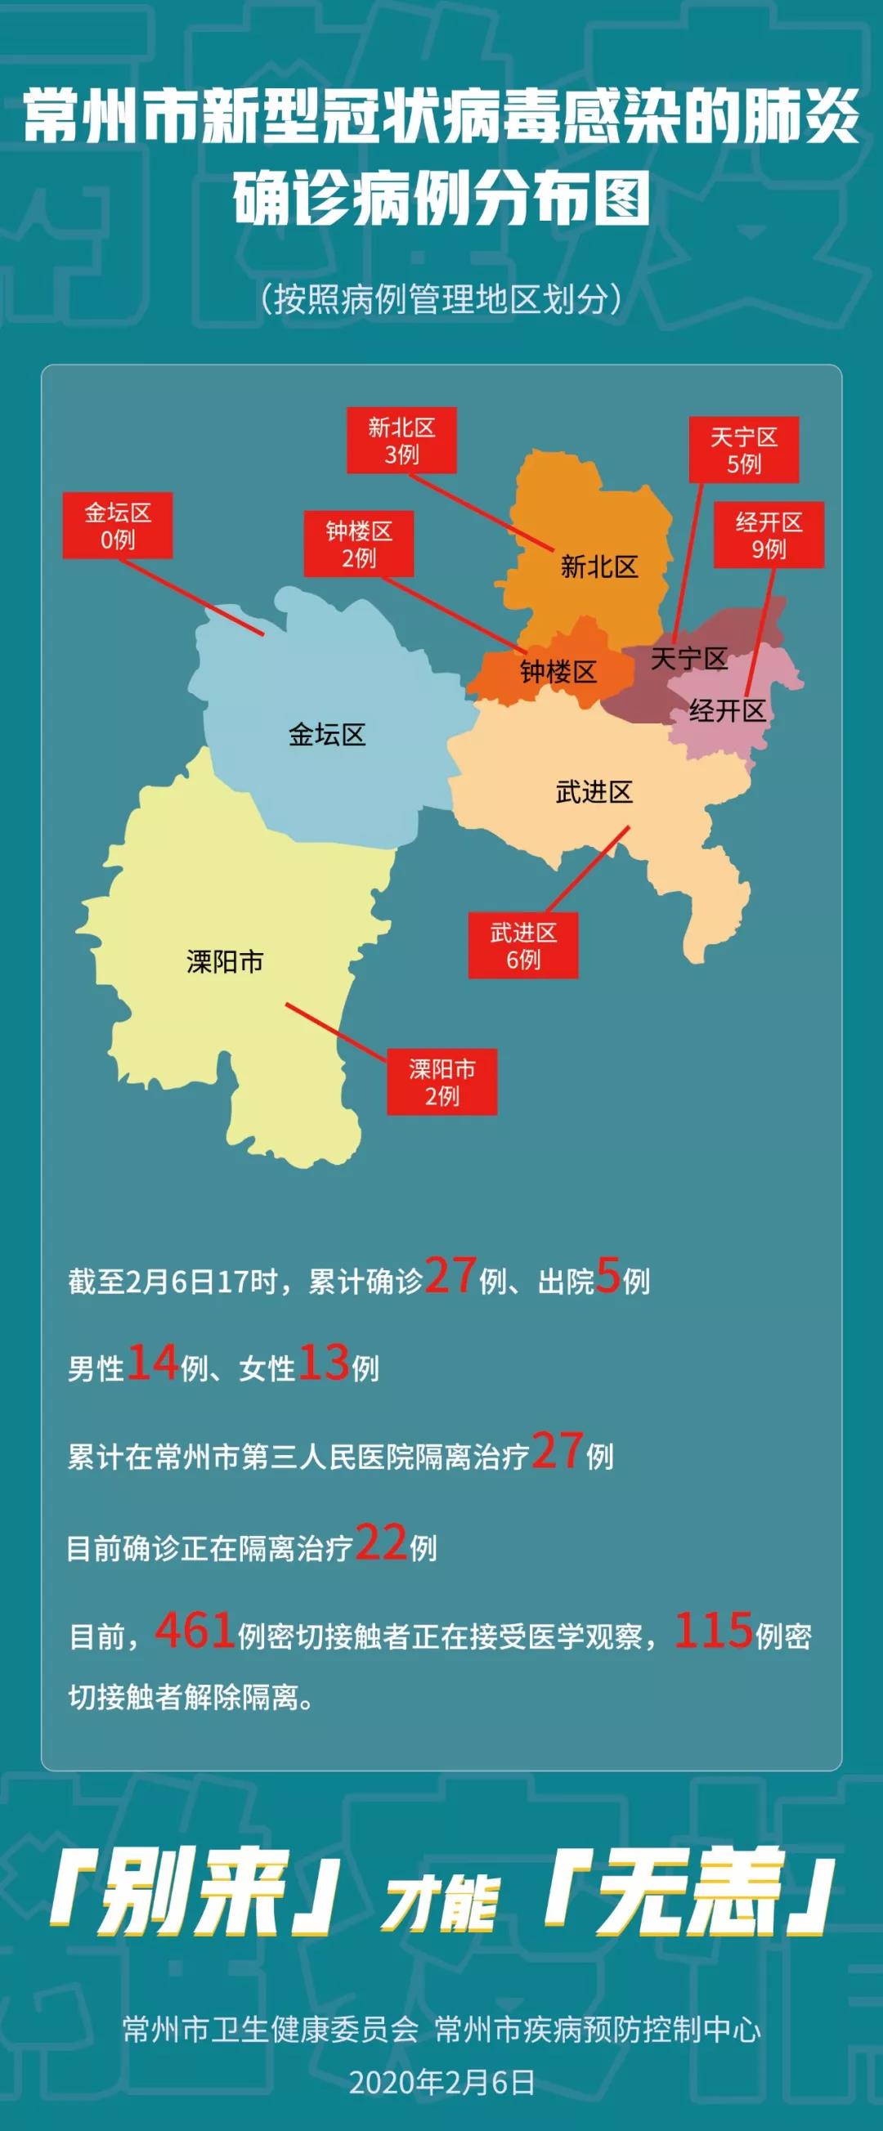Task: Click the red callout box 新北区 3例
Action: [401, 441]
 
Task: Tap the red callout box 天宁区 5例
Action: [744, 450]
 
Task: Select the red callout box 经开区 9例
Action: [769, 535]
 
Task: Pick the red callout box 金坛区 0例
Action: [118, 526]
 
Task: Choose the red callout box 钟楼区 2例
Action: [358, 544]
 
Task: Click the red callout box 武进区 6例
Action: [523, 947]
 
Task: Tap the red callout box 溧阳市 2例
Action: [442, 1083]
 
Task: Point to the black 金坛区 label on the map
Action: [327, 735]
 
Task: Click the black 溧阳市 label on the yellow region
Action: [225, 961]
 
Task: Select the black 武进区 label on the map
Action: [594, 793]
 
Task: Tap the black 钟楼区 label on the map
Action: [558, 672]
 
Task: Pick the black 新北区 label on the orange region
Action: [599, 566]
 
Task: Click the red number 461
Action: [195, 1632]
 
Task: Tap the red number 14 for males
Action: [153, 1364]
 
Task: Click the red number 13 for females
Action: [324, 1364]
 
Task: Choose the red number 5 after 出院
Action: [608, 1277]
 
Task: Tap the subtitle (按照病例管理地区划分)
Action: [441, 299]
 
